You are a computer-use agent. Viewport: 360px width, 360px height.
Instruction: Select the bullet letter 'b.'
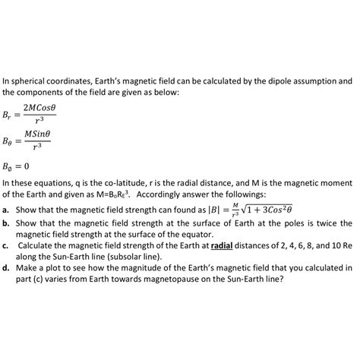pyautogui.click(x=6, y=223)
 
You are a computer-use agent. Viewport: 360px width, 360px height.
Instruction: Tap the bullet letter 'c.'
pyautogui.click(x=5, y=246)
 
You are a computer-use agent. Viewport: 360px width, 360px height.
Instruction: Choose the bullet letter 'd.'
pyautogui.click(x=6, y=268)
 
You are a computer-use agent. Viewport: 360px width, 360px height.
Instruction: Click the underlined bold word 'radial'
pyautogui.click(x=223, y=246)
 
